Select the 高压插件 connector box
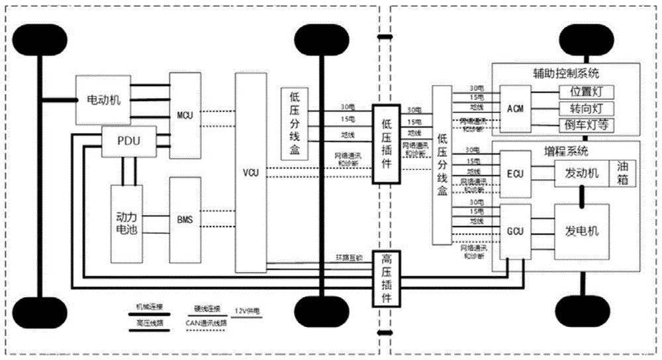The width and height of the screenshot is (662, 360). click(387, 279)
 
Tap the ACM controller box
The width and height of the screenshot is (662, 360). click(514, 108)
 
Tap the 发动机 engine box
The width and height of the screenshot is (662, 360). click(581, 174)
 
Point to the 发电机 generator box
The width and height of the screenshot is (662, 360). click(581, 231)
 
